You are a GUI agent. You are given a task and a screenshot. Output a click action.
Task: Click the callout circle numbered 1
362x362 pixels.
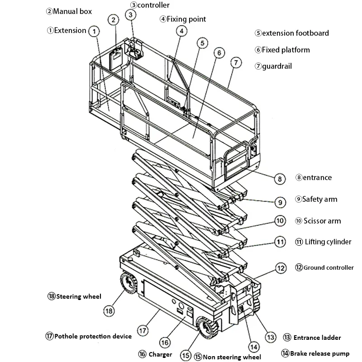tap(94, 31)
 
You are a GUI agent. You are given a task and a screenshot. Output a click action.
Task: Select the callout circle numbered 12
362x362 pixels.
tap(281, 268)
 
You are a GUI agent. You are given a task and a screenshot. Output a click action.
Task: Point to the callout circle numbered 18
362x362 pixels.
tap(109, 311)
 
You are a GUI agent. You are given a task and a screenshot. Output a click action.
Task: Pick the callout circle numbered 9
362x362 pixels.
tap(280, 202)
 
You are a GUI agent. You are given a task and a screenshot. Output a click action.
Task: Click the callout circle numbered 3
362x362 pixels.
tap(130, 15)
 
